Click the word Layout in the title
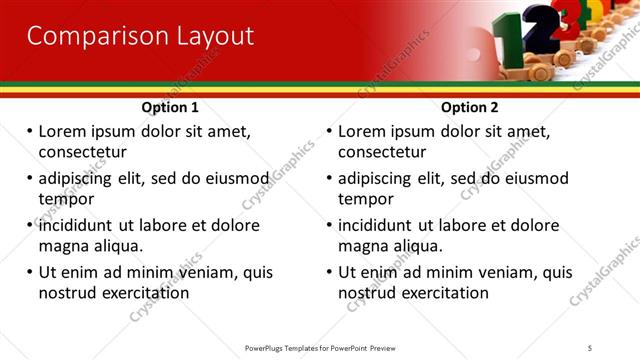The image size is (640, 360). (209, 37)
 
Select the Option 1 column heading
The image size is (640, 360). (170, 107)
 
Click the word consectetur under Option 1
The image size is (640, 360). (82, 152)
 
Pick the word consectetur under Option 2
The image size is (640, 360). (382, 152)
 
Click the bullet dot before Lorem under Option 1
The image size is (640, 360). (30, 131)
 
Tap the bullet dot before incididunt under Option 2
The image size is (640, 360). (330, 225)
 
